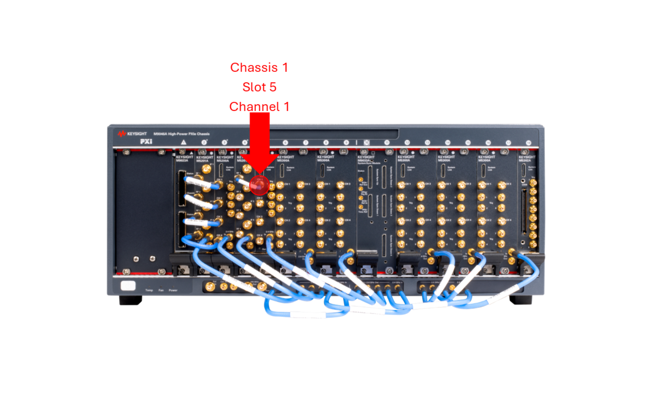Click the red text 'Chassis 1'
pos(259,68)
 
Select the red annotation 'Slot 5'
pos(259,87)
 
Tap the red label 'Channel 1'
pos(259,106)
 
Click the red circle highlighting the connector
pos(259,185)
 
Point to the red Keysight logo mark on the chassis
pos(122,134)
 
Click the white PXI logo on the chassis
pos(146,142)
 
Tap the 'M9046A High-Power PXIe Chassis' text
pos(182,134)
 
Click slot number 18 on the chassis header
pos(528,143)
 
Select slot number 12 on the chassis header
pos(407,143)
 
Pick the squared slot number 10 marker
pos(367,142)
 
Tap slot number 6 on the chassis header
pos(285,143)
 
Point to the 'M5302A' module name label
pos(525,161)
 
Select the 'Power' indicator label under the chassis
pos(173,290)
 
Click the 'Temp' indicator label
pos(149,290)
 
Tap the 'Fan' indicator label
pos(161,290)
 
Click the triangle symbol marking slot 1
pos(183,142)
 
